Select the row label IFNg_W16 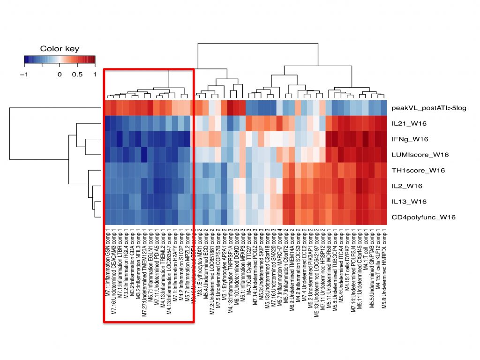pyautogui.click(x=410, y=139)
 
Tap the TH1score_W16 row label pyautogui.click(x=415, y=170)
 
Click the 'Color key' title pyautogui.click(x=60, y=49)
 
